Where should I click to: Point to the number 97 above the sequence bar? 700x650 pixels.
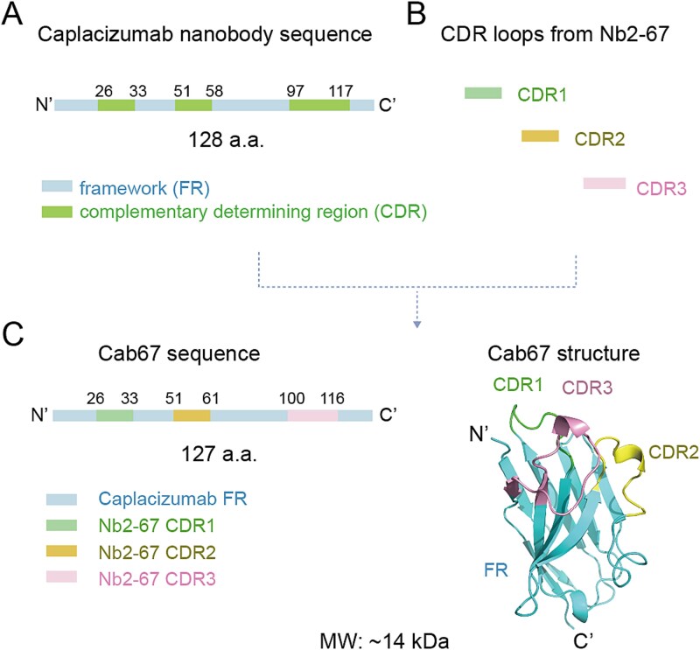298,89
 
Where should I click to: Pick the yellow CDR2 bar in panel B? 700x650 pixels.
540,136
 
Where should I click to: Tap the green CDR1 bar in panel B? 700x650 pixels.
482,92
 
